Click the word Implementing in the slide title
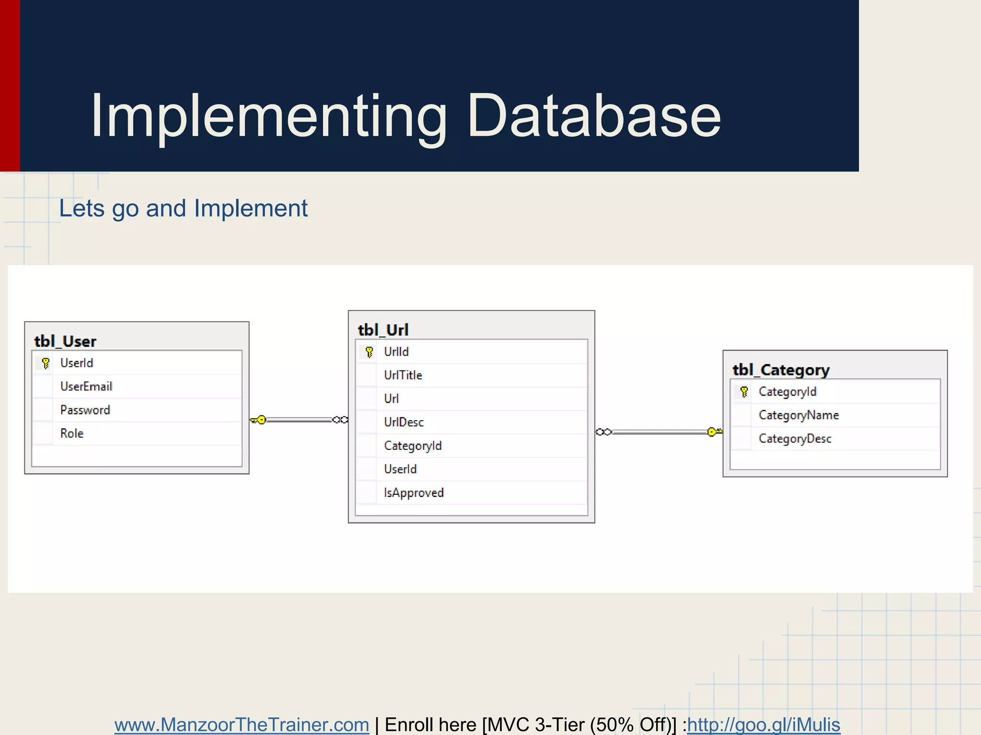[x=268, y=116]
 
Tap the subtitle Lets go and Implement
[x=183, y=209]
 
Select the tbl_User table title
[x=65, y=341]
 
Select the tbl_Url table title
[x=383, y=330]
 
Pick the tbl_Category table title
[x=781, y=370]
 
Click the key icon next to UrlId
[x=369, y=352]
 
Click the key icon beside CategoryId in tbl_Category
[x=743, y=392]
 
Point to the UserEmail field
[x=86, y=387]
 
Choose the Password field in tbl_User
[x=85, y=410]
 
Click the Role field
[x=72, y=434]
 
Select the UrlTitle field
[x=403, y=375]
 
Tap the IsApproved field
[x=414, y=493]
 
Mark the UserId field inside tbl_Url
[x=400, y=469]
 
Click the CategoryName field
[x=798, y=415]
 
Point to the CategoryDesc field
[x=795, y=439]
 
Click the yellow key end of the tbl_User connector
[x=259, y=420]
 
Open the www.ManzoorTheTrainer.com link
[x=241, y=724]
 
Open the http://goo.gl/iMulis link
[x=764, y=724]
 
